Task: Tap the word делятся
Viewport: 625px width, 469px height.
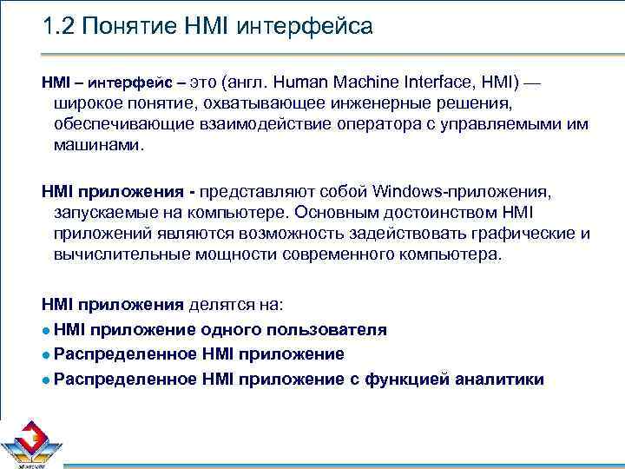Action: (x=221, y=306)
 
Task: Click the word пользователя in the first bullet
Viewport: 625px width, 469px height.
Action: (x=325, y=330)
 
